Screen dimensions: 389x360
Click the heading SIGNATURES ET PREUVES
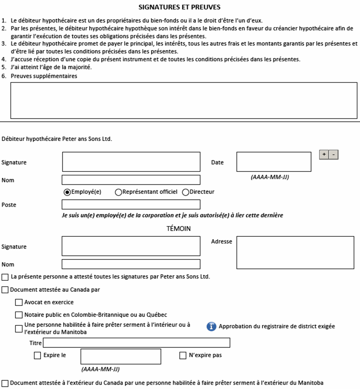(x=179, y=7)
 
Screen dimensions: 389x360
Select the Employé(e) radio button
(x=67, y=192)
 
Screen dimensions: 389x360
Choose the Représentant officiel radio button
(x=119, y=192)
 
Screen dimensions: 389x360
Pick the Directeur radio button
(x=185, y=192)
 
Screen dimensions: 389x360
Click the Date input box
(x=274, y=162)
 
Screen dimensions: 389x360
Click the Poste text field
(x=131, y=204)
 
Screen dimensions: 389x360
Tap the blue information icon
(x=211, y=327)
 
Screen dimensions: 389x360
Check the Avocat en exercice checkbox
(x=18, y=303)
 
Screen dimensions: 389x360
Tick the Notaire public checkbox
(x=18, y=315)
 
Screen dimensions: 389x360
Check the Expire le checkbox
(x=37, y=356)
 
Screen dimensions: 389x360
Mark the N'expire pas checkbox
(x=183, y=356)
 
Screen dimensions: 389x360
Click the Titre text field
(x=137, y=343)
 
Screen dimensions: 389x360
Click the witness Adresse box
(x=295, y=253)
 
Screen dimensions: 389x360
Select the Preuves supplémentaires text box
(x=184, y=100)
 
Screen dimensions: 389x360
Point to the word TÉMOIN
(x=179, y=229)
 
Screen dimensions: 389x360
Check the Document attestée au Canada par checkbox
(x=5, y=290)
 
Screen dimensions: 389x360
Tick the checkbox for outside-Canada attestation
(x=5, y=383)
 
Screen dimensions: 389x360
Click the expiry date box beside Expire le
(x=121, y=356)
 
